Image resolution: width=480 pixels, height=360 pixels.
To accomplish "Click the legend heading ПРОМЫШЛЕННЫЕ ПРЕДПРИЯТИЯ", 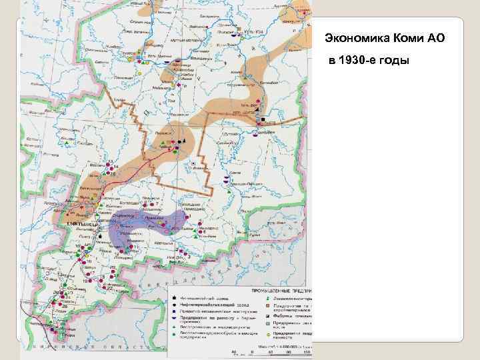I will [280, 292].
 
